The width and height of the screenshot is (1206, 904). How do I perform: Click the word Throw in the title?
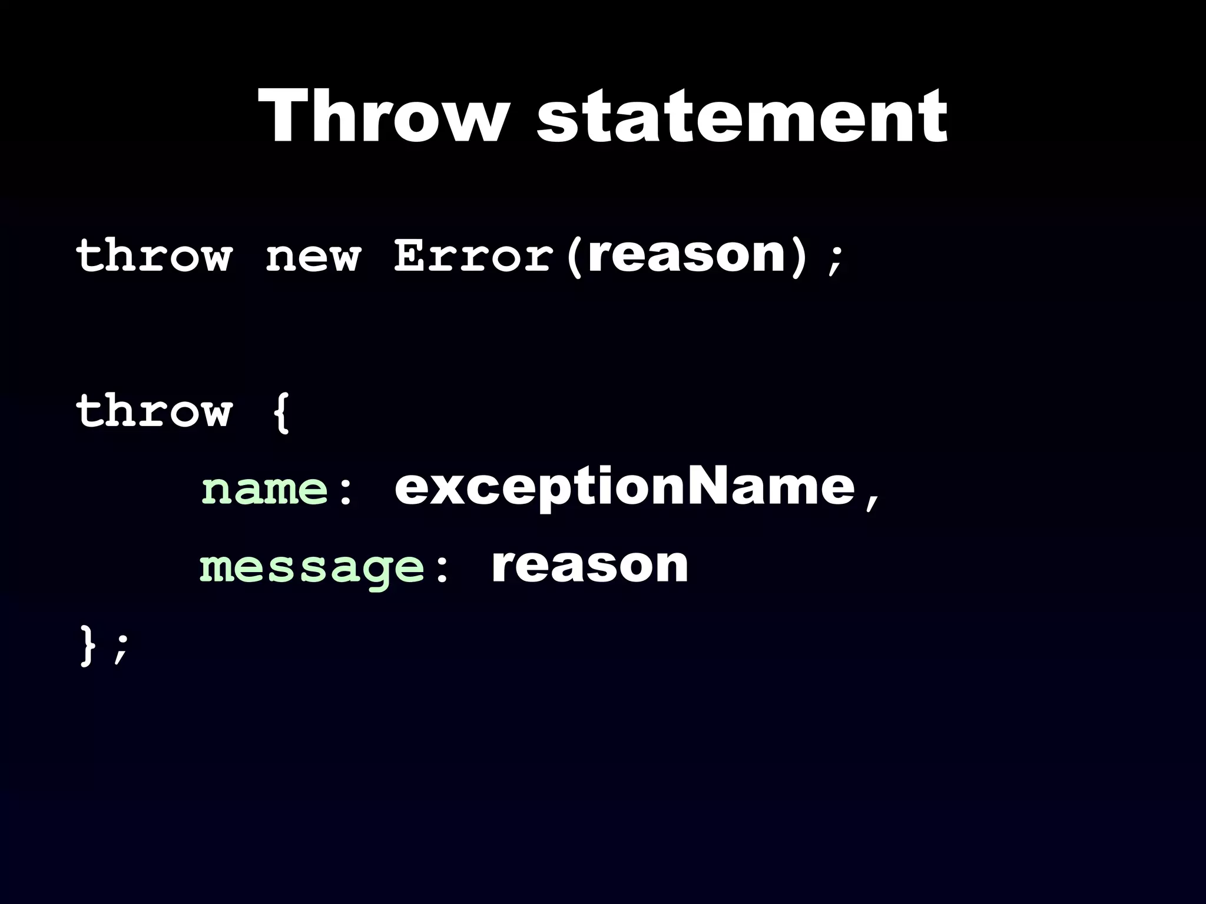click(383, 117)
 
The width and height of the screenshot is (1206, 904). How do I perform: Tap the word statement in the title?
click(742, 118)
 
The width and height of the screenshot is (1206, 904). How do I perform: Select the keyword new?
click(312, 257)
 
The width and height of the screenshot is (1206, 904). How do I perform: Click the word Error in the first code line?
click(473, 256)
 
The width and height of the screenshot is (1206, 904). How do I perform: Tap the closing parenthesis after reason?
click(798, 257)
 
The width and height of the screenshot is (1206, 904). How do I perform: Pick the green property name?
click(264, 490)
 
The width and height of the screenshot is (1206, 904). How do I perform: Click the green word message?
click(312, 568)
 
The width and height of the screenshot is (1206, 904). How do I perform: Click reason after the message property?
click(589, 565)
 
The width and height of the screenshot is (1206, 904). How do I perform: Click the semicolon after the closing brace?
click(121, 649)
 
